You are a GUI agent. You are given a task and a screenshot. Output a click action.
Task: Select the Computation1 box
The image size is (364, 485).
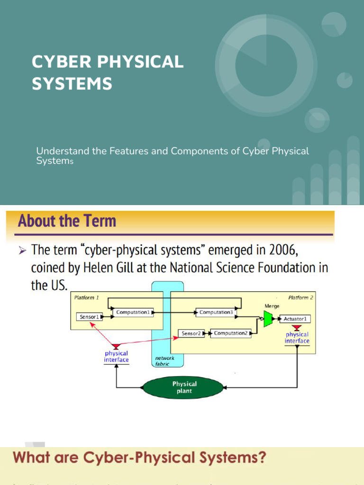click(x=134, y=313)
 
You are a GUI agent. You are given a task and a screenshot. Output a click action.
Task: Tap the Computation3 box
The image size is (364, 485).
click(x=216, y=313)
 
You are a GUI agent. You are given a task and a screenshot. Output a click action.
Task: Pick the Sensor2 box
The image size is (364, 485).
click(x=191, y=333)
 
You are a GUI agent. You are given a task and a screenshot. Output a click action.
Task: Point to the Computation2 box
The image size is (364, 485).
click(x=230, y=333)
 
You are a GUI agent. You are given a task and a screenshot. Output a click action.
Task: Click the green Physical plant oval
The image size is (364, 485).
click(x=184, y=387)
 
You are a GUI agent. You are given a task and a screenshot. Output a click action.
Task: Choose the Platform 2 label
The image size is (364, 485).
click(x=300, y=297)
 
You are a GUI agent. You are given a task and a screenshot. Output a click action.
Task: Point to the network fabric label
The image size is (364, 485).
click(x=164, y=361)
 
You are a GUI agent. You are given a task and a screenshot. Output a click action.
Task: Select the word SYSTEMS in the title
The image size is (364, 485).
click(x=72, y=84)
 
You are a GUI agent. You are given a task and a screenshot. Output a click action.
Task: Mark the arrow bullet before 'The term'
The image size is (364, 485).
click(x=22, y=251)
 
